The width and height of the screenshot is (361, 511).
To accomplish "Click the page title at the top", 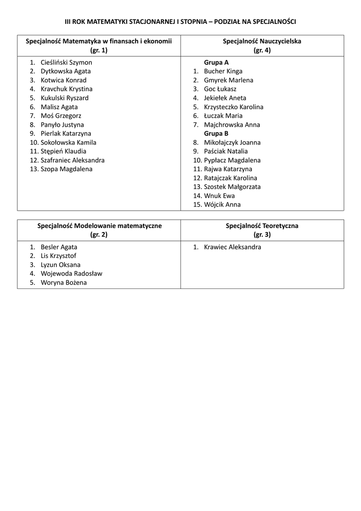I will click(180, 22).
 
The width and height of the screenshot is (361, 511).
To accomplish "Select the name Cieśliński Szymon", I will click(66, 62).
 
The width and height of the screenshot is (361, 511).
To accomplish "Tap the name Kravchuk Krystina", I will click(66, 89).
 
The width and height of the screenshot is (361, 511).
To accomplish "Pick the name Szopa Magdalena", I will click(66, 169).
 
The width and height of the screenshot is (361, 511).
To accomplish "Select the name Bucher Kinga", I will click(223, 71).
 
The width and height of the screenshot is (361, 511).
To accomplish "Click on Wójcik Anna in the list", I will click(222, 204).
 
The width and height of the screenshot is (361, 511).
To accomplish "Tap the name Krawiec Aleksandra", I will click(232, 247).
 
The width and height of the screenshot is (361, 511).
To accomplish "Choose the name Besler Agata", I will click(59, 247).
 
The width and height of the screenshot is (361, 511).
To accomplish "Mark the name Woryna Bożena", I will click(63, 282).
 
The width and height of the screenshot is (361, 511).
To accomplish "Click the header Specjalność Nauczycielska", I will click(262, 41).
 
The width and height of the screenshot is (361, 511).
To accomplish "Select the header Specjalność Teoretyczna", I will click(262, 226).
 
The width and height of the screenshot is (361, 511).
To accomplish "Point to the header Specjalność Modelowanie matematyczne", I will click(99, 226).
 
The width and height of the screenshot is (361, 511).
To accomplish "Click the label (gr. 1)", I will click(99, 50).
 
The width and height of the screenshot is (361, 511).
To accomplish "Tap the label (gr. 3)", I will click(262, 234).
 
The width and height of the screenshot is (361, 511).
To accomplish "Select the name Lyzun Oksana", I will click(60, 265).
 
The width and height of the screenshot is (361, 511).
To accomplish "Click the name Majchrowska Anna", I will click(232, 125).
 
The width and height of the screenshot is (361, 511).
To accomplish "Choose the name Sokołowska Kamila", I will click(68, 142).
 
